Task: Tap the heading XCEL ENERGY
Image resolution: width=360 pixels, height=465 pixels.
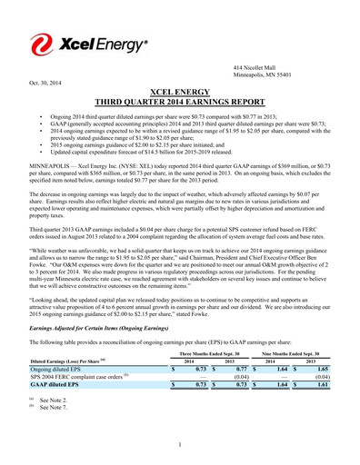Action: pyautogui.click(x=180, y=92)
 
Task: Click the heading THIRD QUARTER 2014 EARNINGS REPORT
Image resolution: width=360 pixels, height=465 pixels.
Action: pyautogui.click(x=180, y=103)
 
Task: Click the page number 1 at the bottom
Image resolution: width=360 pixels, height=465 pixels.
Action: pyautogui.click(x=180, y=442)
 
